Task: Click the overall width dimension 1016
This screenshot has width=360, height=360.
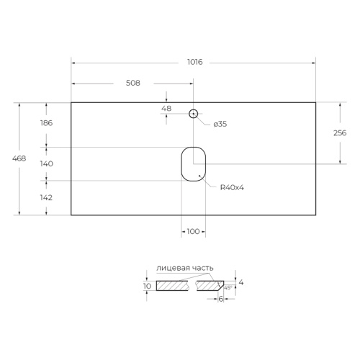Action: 195,62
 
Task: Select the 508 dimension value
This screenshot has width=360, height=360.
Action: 133,83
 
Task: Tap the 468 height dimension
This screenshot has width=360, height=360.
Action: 19,158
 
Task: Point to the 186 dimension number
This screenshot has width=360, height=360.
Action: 46,123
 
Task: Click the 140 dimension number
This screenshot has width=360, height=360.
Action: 47,163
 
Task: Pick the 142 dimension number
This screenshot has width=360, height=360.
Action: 46,197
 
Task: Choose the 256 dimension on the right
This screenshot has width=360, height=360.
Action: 340,132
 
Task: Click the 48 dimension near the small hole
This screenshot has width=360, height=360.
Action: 166,109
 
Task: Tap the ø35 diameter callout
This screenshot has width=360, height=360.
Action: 220,124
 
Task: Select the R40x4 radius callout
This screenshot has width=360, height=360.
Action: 232,187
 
